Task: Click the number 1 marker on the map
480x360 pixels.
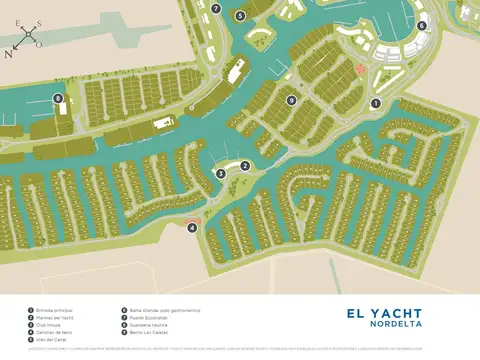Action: [376, 103]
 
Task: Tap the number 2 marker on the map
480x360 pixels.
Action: [245, 167]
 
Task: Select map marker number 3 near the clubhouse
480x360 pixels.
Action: [220, 174]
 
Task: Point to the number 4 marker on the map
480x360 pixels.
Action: [192, 226]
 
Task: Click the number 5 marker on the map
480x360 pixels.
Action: [240, 16]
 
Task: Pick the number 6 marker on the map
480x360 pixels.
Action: [422, 26]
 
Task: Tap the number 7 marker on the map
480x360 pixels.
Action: [216, 8]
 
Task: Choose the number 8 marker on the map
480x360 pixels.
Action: [59, 98]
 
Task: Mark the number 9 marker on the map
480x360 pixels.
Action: [290, 100]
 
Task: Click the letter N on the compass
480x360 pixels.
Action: [9, 54]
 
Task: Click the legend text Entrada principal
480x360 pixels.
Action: [55, 311]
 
